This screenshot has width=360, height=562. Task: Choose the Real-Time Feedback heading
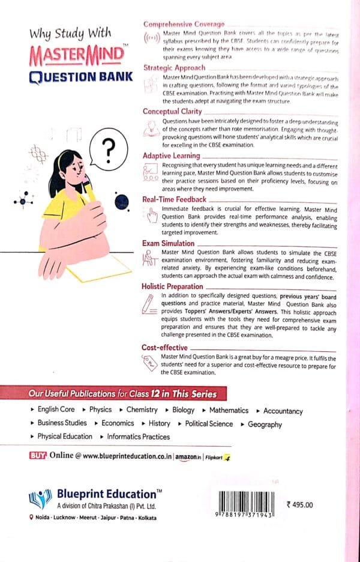coord(174,199)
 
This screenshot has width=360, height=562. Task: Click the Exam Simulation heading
coord(168,243)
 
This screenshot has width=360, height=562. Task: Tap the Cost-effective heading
coord(164,347)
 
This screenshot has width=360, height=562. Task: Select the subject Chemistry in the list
coord(142,410)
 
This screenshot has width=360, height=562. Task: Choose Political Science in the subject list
coord(209,424)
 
